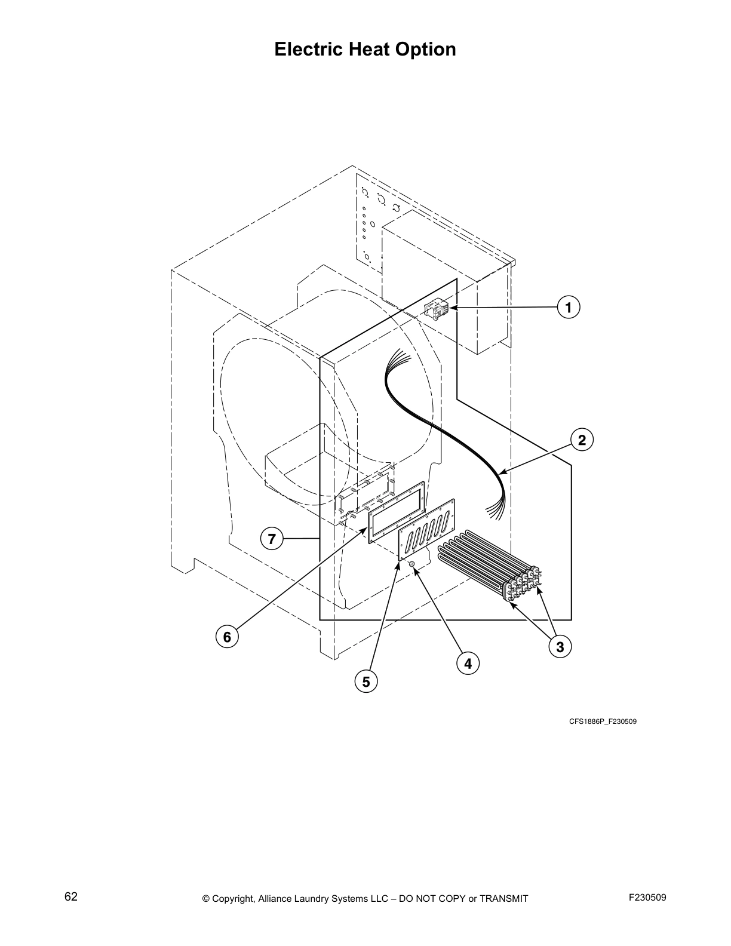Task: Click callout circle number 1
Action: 569,308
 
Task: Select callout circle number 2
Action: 582,440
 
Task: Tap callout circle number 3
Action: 560,647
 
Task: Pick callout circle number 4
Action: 468,663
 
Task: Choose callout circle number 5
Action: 365,681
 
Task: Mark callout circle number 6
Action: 227,637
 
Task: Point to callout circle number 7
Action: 272,539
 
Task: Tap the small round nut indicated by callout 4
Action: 412,564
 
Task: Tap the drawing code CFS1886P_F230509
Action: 602,721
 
